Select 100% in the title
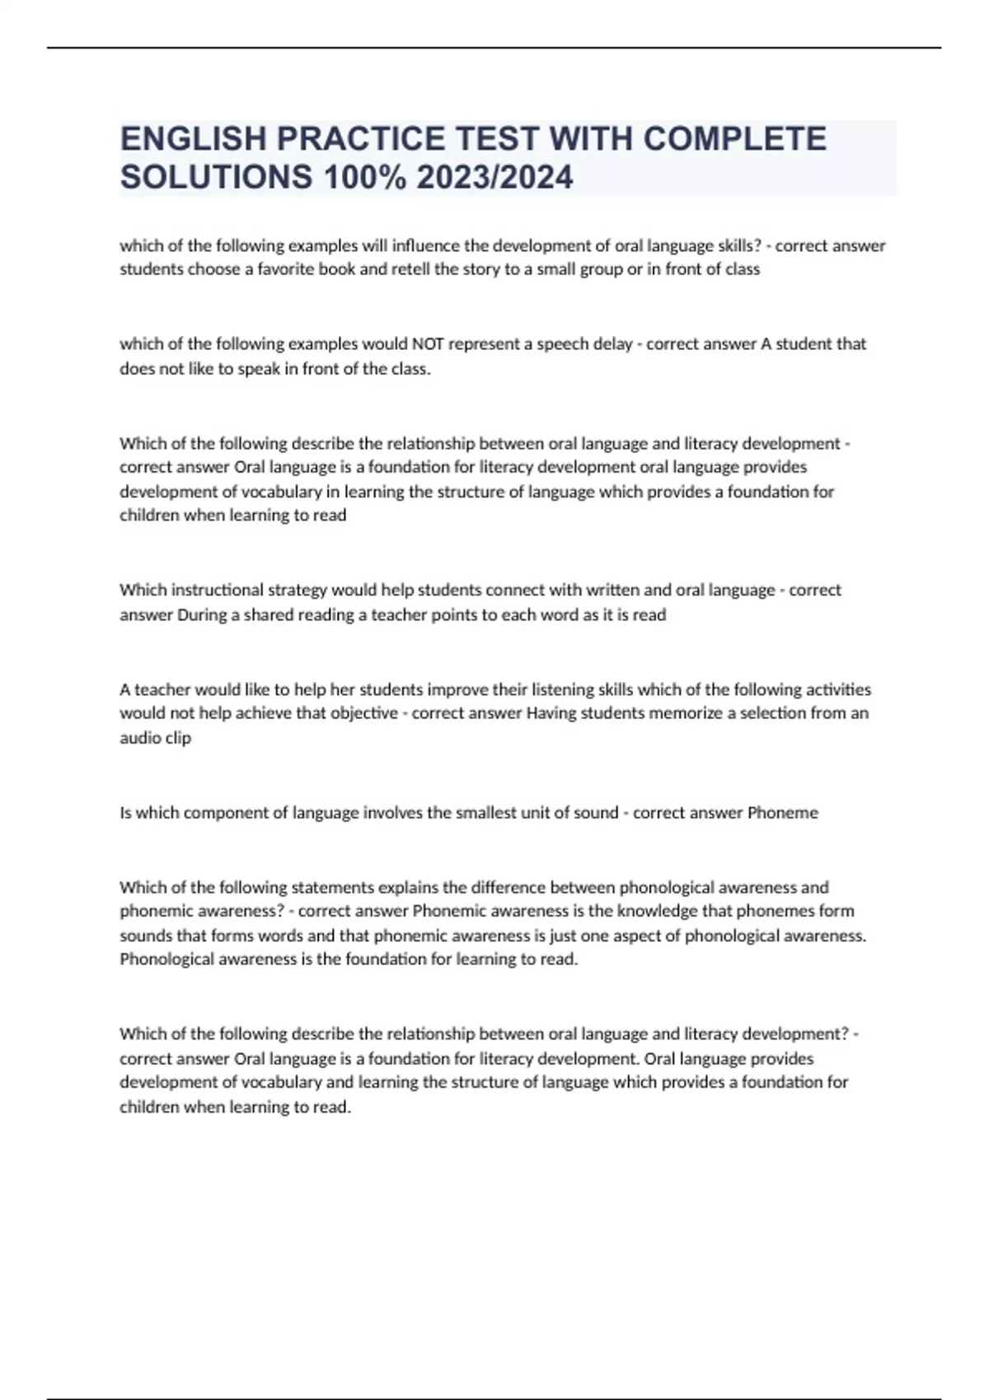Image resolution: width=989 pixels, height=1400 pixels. point(365,177)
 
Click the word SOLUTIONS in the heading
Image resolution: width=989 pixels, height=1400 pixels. point(217,177)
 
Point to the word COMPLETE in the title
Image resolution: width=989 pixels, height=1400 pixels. point(734,138)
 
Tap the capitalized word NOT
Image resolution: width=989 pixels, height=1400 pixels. point(428,343)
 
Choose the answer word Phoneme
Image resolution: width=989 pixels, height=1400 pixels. point(782,813)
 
